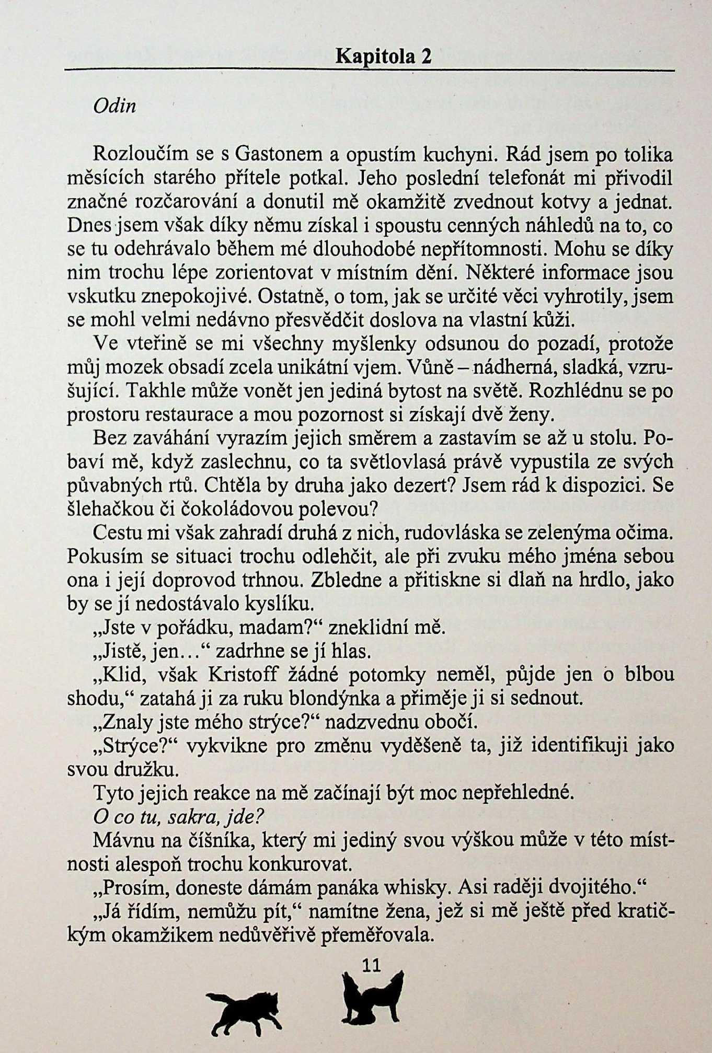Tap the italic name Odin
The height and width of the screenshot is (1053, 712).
click(x=114, y=106)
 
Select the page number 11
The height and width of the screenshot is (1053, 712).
click(x=371, y=965)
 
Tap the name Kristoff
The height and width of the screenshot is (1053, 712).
click(x=243, y=675)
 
